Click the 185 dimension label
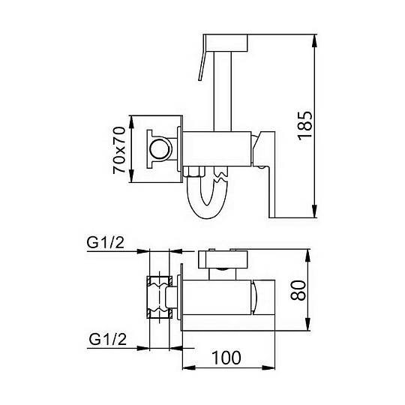point(304,126)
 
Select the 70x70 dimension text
point(119,150)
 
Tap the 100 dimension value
point(226,358)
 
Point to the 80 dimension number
point(298,290)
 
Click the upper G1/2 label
point(106,242)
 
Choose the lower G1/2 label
point(108,339)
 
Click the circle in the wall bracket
point(160,149)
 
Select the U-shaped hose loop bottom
point(207,212)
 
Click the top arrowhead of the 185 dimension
point(314,40)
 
